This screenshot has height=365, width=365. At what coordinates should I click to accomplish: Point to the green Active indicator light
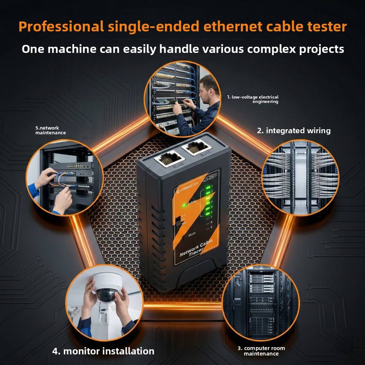pos(184,205)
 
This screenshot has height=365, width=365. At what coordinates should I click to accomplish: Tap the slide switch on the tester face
pos(178,222)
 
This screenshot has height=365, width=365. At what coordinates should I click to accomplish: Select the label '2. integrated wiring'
pos(294,131)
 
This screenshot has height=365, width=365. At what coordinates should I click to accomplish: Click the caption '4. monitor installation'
pos(103,351)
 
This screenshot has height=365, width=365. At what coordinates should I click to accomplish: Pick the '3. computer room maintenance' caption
pos(261,351)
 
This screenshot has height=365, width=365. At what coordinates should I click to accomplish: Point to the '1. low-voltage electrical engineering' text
pos(252,99)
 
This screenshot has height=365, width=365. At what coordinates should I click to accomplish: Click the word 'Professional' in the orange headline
pos(61,27)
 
